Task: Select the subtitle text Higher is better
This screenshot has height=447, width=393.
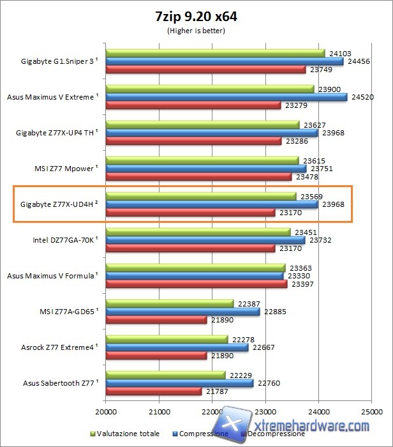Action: click(x=196, y=30)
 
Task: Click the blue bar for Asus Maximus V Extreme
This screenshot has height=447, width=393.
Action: click(x=226, y=97)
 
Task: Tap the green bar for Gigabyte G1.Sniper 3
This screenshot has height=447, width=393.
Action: click(x=215, y=53)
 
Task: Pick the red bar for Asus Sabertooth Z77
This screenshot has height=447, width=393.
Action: click(x=154, y=391)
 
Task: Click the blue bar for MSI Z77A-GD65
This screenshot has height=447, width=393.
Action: click(x=182, y=312)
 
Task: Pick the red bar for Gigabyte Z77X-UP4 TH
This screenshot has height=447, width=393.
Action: click(x=193, y=141)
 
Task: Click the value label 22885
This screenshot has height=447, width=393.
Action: click(x=276, y=312)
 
